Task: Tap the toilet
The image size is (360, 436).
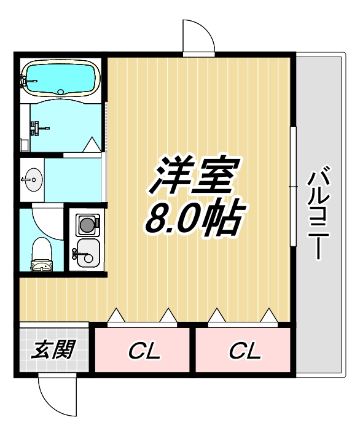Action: (x=42, y=252)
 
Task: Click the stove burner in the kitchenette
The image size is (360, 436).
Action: (x=87, y=224)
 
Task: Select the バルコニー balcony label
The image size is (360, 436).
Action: (x=319, y=212)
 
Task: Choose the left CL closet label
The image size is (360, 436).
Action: (x=144, y=351)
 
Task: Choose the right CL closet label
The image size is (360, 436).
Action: (x=245, y=351)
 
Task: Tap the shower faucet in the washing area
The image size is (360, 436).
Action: (x=37, y=128)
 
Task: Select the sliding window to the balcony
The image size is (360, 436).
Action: (x=294, y=184)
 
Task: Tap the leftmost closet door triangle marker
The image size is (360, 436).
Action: (x=116, y=316)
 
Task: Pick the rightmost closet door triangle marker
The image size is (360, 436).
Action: (x=268, y=316)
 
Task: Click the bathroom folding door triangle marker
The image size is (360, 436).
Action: (x=92, y=145)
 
